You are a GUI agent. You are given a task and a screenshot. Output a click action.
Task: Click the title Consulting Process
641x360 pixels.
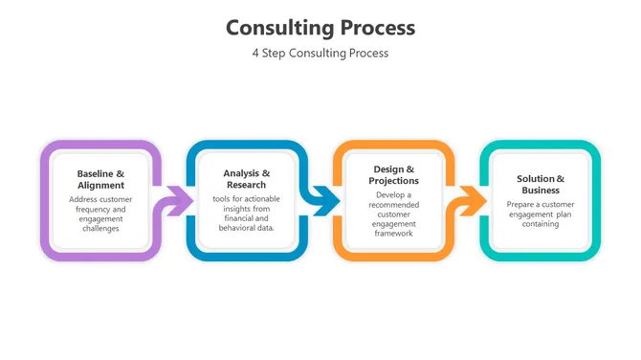click(320, 27)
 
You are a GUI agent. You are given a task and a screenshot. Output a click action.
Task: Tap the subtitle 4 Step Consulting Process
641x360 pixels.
click(320, 54)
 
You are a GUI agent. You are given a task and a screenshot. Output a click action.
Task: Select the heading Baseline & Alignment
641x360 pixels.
click(100, 179)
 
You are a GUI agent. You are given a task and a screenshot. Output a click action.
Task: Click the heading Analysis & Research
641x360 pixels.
click(247, 179)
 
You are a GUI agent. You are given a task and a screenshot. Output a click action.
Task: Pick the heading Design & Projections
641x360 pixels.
click(393, 174)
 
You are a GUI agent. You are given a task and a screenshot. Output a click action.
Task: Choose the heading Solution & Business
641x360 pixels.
click(541, 184)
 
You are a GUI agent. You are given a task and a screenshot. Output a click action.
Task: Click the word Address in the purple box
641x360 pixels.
click(85, 200)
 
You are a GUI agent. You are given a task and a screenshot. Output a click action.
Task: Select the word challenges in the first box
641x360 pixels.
click(100, 229)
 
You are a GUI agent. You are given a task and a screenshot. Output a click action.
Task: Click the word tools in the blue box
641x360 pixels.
click(222, 199)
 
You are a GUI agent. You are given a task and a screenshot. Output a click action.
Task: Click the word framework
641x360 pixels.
click(393, 233)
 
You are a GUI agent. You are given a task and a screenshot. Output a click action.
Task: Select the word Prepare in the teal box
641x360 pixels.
click(522, 204)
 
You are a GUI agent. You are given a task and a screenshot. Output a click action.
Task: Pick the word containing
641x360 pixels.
click(541, 224)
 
